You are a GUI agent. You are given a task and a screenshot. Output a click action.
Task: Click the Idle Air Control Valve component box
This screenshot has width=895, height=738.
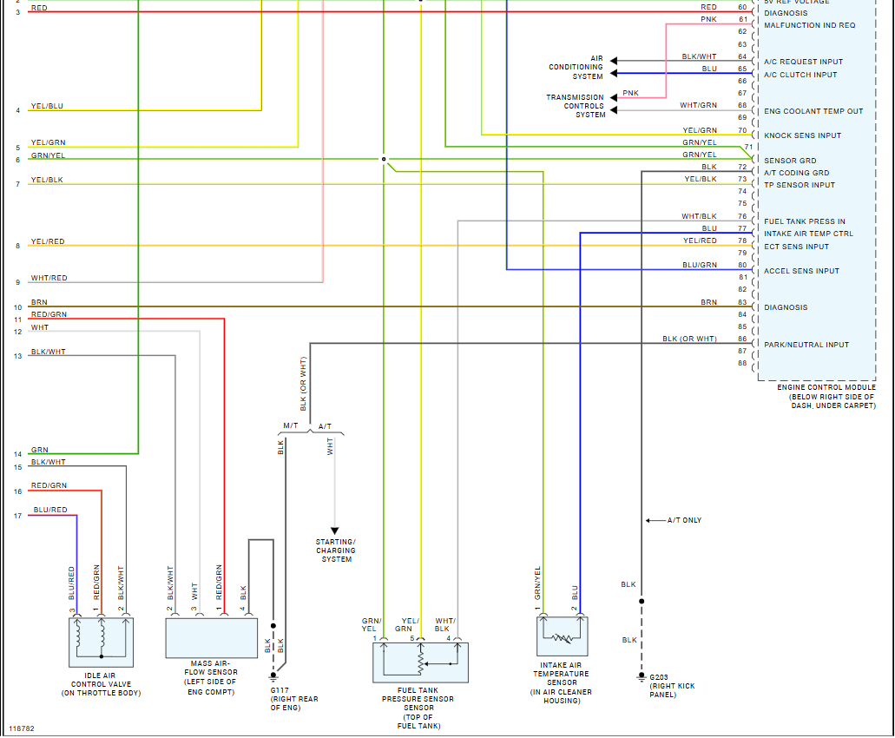101,642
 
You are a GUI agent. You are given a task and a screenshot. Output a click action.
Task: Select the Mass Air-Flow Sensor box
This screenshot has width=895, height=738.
212,638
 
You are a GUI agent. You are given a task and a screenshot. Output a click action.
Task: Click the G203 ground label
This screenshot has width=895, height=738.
659,676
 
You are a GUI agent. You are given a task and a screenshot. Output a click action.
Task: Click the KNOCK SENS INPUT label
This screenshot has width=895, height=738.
802,135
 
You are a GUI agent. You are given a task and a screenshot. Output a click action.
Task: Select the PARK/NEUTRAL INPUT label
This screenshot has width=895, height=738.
806,345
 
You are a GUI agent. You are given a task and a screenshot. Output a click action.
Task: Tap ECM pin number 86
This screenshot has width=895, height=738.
742,339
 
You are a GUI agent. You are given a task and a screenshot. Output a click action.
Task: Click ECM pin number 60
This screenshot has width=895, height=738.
742,7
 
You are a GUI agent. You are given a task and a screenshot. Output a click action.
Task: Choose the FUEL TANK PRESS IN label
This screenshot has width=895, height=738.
804,221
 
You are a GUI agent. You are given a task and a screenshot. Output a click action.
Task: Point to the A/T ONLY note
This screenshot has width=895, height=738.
684,520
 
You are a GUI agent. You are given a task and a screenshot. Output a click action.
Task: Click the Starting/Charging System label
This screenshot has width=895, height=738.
336,550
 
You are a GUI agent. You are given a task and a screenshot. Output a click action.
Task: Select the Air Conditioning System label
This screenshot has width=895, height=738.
576,67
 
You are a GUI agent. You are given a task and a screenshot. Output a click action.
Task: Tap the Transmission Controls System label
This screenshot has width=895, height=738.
575,106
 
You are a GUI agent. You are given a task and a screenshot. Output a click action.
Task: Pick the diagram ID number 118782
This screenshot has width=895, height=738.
23,728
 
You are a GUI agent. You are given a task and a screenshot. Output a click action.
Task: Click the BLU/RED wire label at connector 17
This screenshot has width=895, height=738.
49,510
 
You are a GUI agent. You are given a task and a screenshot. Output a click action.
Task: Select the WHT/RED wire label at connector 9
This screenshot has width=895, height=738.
49,278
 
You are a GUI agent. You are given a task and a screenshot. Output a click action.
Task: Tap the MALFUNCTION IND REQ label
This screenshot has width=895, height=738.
809,25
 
